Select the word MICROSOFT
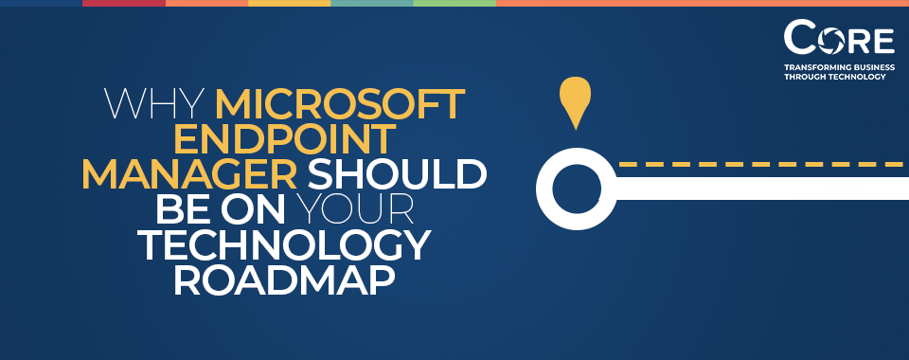coord(340,103)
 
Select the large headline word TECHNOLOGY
coord(284,246)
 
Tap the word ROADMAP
coord(284,281)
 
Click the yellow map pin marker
coord(575,99)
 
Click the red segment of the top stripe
coord(123,3)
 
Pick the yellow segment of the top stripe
coord(289,3)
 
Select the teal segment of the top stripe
coord(371,3)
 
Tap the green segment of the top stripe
coord(454,3)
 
